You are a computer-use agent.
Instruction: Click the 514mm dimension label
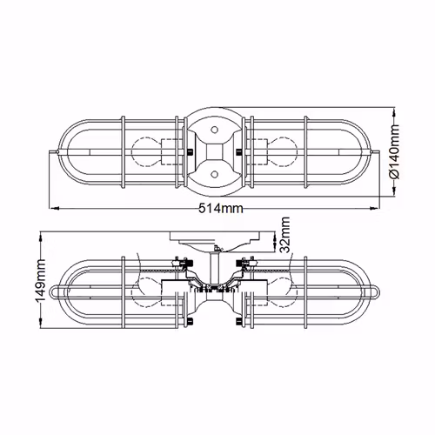221,208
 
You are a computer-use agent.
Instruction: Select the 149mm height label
41,280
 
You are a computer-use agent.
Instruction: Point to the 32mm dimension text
285,235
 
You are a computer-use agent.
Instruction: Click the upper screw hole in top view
214,130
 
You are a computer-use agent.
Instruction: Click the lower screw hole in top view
214,174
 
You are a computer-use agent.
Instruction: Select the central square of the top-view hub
214,151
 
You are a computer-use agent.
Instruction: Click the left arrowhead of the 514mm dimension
55,208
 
